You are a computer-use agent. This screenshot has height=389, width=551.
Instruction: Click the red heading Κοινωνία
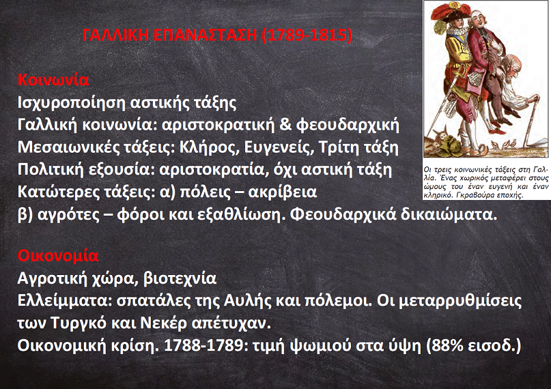pyautogui.click(x=53, y=80)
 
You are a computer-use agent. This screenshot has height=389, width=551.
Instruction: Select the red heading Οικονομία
pyautogui.click(x=58, y=256)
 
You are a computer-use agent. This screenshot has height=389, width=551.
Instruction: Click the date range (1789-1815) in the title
pyautogui.click(x=307, y=35)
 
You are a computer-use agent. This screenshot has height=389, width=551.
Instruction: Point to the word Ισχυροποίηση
pyautogui.click(x=72, y=103)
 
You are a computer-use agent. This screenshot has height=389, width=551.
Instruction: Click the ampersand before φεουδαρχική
pyautogui.click(x=285, y=125)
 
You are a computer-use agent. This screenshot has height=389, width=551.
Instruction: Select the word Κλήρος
pyautogui.click(x=210, y=148)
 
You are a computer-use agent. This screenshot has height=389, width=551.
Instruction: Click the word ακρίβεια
pyautogui.click(x=283, y=192)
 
